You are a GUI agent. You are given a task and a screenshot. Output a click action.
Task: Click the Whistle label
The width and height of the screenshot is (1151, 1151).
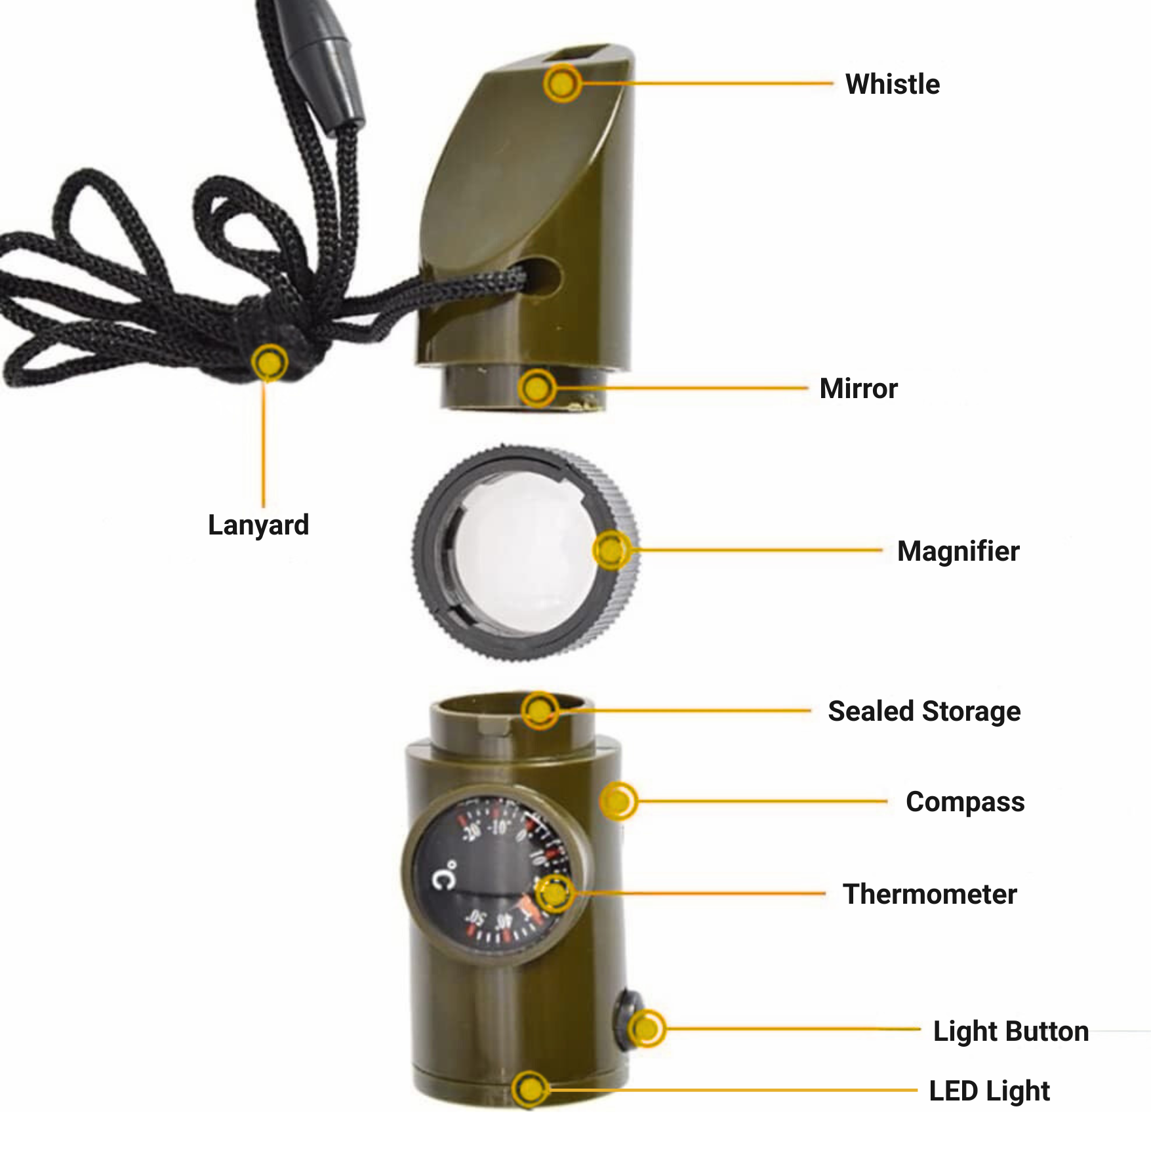(893, 85)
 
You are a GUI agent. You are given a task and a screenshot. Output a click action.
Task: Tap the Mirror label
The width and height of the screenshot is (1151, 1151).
(858, 389)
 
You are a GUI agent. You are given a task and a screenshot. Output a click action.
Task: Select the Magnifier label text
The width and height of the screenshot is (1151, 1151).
(958, 552)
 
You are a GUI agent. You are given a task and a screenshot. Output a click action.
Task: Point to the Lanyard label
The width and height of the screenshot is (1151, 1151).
(258, 526)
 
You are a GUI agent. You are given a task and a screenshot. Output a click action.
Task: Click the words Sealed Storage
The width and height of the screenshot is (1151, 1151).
(924, 712)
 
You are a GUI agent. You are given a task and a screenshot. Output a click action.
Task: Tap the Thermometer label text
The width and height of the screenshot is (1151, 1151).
(930, 895)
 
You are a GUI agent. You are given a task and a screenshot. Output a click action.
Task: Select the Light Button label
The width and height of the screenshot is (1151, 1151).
(1011, 1032)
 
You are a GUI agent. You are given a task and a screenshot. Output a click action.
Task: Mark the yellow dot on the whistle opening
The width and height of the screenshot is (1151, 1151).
(562, 83)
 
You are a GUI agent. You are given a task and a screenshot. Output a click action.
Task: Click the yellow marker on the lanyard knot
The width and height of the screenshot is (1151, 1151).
(269, 362)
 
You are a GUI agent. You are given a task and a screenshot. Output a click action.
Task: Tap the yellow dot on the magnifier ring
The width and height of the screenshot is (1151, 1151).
(611, 550)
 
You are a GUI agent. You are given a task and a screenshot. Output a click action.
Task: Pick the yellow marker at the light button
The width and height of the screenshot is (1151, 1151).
(647, 1028)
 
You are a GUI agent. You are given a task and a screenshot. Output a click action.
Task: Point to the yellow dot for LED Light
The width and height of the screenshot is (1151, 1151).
(530, 1090)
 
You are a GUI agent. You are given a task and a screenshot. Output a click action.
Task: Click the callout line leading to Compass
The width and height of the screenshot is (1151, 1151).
(761, 801)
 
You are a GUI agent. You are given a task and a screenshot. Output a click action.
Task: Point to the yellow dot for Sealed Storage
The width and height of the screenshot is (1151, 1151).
(540, 710)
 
